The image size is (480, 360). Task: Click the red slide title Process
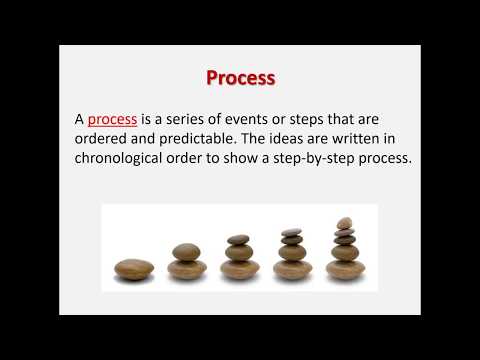click(240, 77)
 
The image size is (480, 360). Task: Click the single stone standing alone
click(134, 269)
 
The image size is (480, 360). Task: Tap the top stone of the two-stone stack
click(188, 252)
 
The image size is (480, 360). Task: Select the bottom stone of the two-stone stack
click(188, 269)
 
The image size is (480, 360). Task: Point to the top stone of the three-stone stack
click(239, 240)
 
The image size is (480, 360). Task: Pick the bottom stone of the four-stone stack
click(292, 269)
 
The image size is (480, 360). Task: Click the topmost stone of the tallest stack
click(345, 222)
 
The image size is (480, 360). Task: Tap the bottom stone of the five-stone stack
click(345, 269)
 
